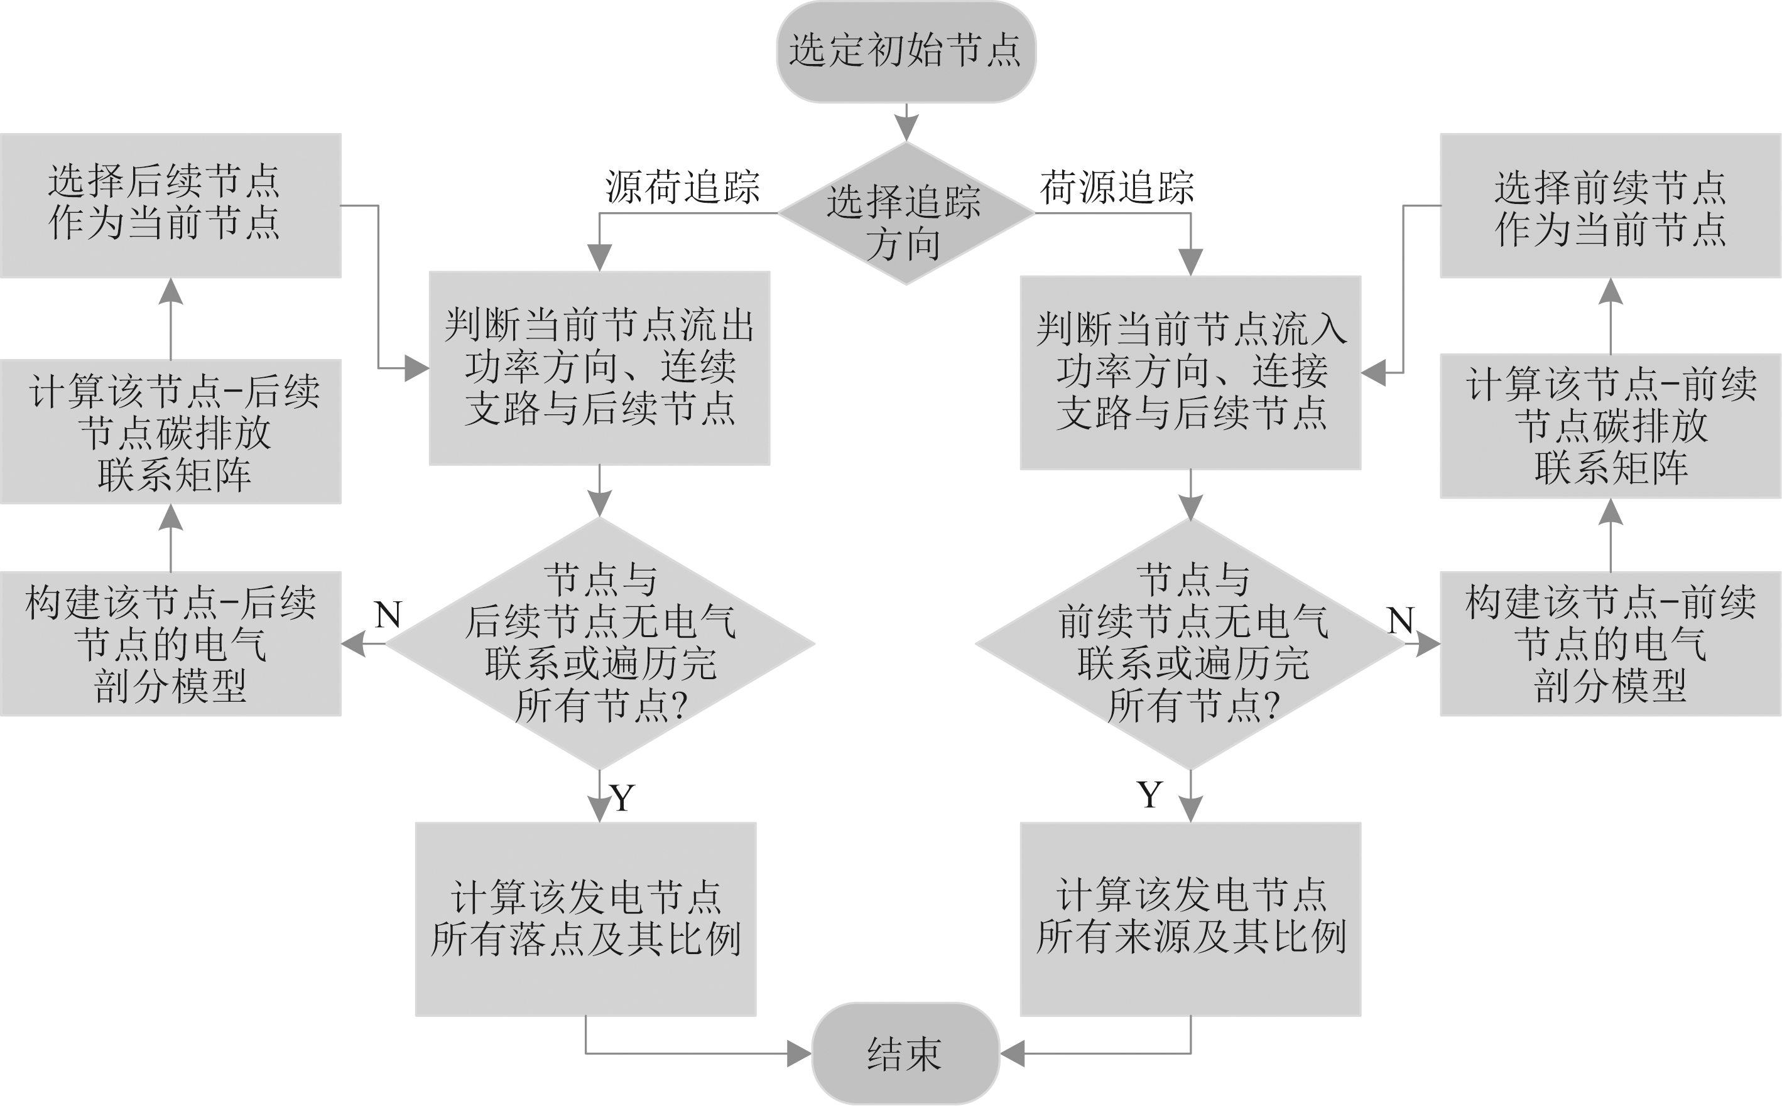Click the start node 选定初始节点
(905, 51)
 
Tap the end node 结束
(905, 1053)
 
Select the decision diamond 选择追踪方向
(905, 213)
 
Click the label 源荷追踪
(682, 187)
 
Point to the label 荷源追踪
(1117, 187)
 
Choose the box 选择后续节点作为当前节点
(170, 205)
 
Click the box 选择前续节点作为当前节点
(1610, 205)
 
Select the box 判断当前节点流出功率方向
(599, 368)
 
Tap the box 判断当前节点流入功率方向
(1190, 372)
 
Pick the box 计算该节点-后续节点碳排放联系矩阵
(170, 432)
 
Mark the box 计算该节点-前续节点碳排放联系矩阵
(1610, 426)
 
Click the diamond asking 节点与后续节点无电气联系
(599, 644)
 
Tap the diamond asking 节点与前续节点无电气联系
(1190, 644)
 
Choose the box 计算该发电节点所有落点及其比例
(585, 919)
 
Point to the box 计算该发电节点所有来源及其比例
(1190, 919)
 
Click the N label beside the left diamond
(388, 615)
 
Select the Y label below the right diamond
(1149, 793)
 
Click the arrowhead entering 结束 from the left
(799, 1053)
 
